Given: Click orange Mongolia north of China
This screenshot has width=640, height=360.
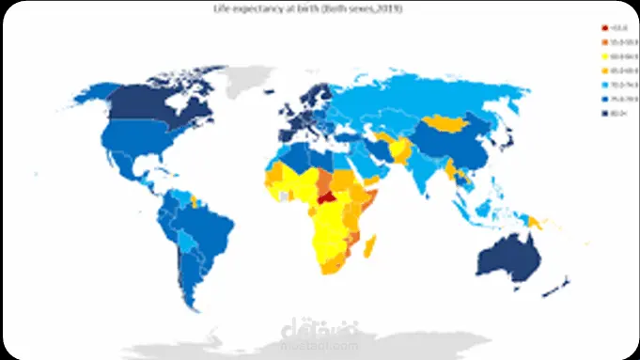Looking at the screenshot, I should (448, 122).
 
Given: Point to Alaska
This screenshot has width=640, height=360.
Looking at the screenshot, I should (94, 94).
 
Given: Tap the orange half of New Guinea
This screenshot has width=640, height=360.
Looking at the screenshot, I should (537, 220).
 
